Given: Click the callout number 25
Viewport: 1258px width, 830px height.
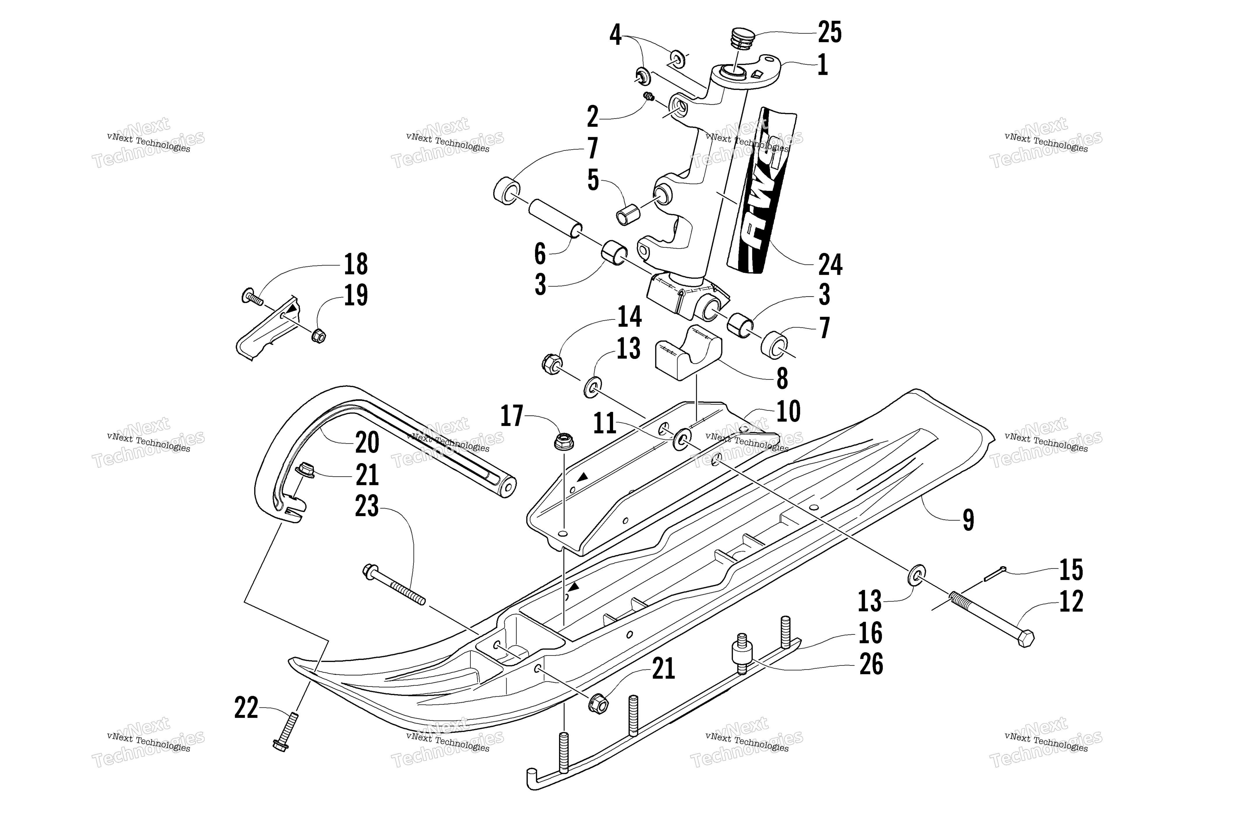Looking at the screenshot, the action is (x=829, y=32).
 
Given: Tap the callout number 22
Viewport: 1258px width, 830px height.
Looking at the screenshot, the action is (x=246, y=708).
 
